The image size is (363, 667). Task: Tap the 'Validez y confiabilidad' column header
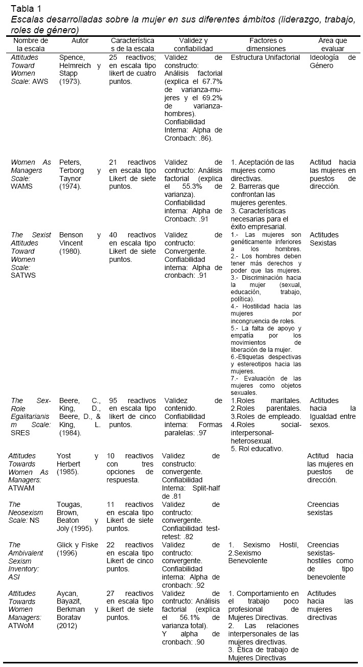(x=192, y=45)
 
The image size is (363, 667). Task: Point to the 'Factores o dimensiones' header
(x=266, y=45)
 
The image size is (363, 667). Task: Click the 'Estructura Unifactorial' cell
(x=265, y=58)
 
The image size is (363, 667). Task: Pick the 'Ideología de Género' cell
(x=332, y=61)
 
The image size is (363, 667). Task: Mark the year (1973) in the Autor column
(x=70, y=82)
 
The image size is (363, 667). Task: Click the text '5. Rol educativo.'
(x=254, y=449)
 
